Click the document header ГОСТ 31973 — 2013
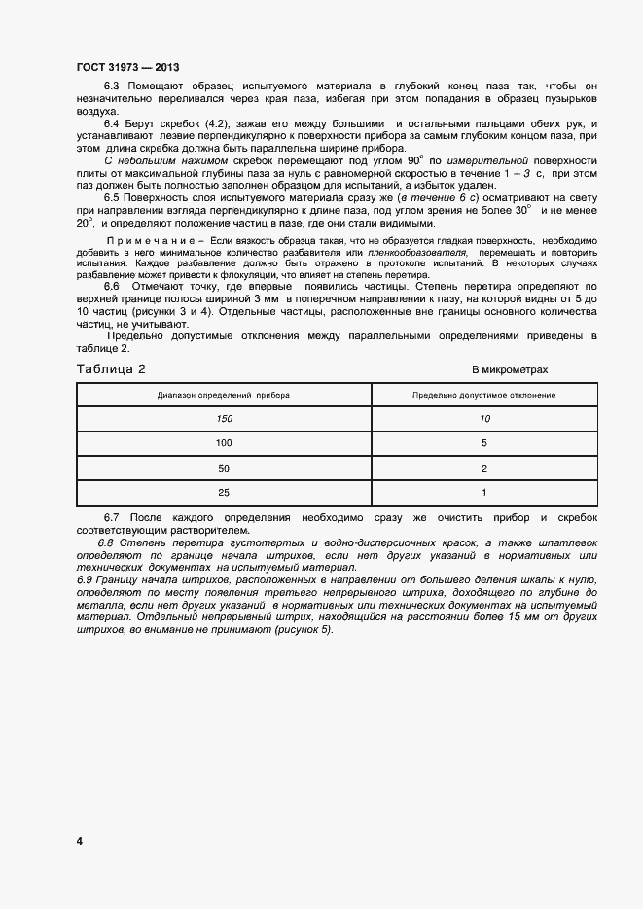pos(126,67)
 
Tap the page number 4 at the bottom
pos(79,840)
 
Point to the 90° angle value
pos(413,158)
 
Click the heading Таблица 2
pos(111,369)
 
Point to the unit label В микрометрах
pos(511,370)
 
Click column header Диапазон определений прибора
pos(224,396)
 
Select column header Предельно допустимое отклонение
pos(483,396)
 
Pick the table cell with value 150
pos(224,419)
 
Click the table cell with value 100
pos(224,443)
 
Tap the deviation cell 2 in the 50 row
pos(483,469)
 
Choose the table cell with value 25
pos(224,493)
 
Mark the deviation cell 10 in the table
pos(483,419)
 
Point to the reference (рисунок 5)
pos(299,629)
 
